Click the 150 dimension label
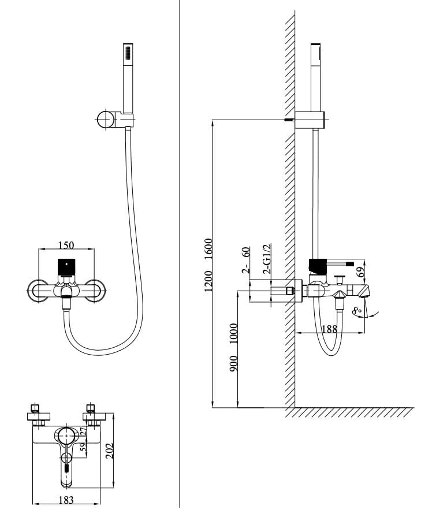click(66, 245)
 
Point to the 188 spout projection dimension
click(329, 329)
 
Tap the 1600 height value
click(208, 249)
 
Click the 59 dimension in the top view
click(83, 447)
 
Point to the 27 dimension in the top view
click(83, 431)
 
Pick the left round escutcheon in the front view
click(39, 291)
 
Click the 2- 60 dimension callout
click(245, 259)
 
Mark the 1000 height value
click(234, 334)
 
